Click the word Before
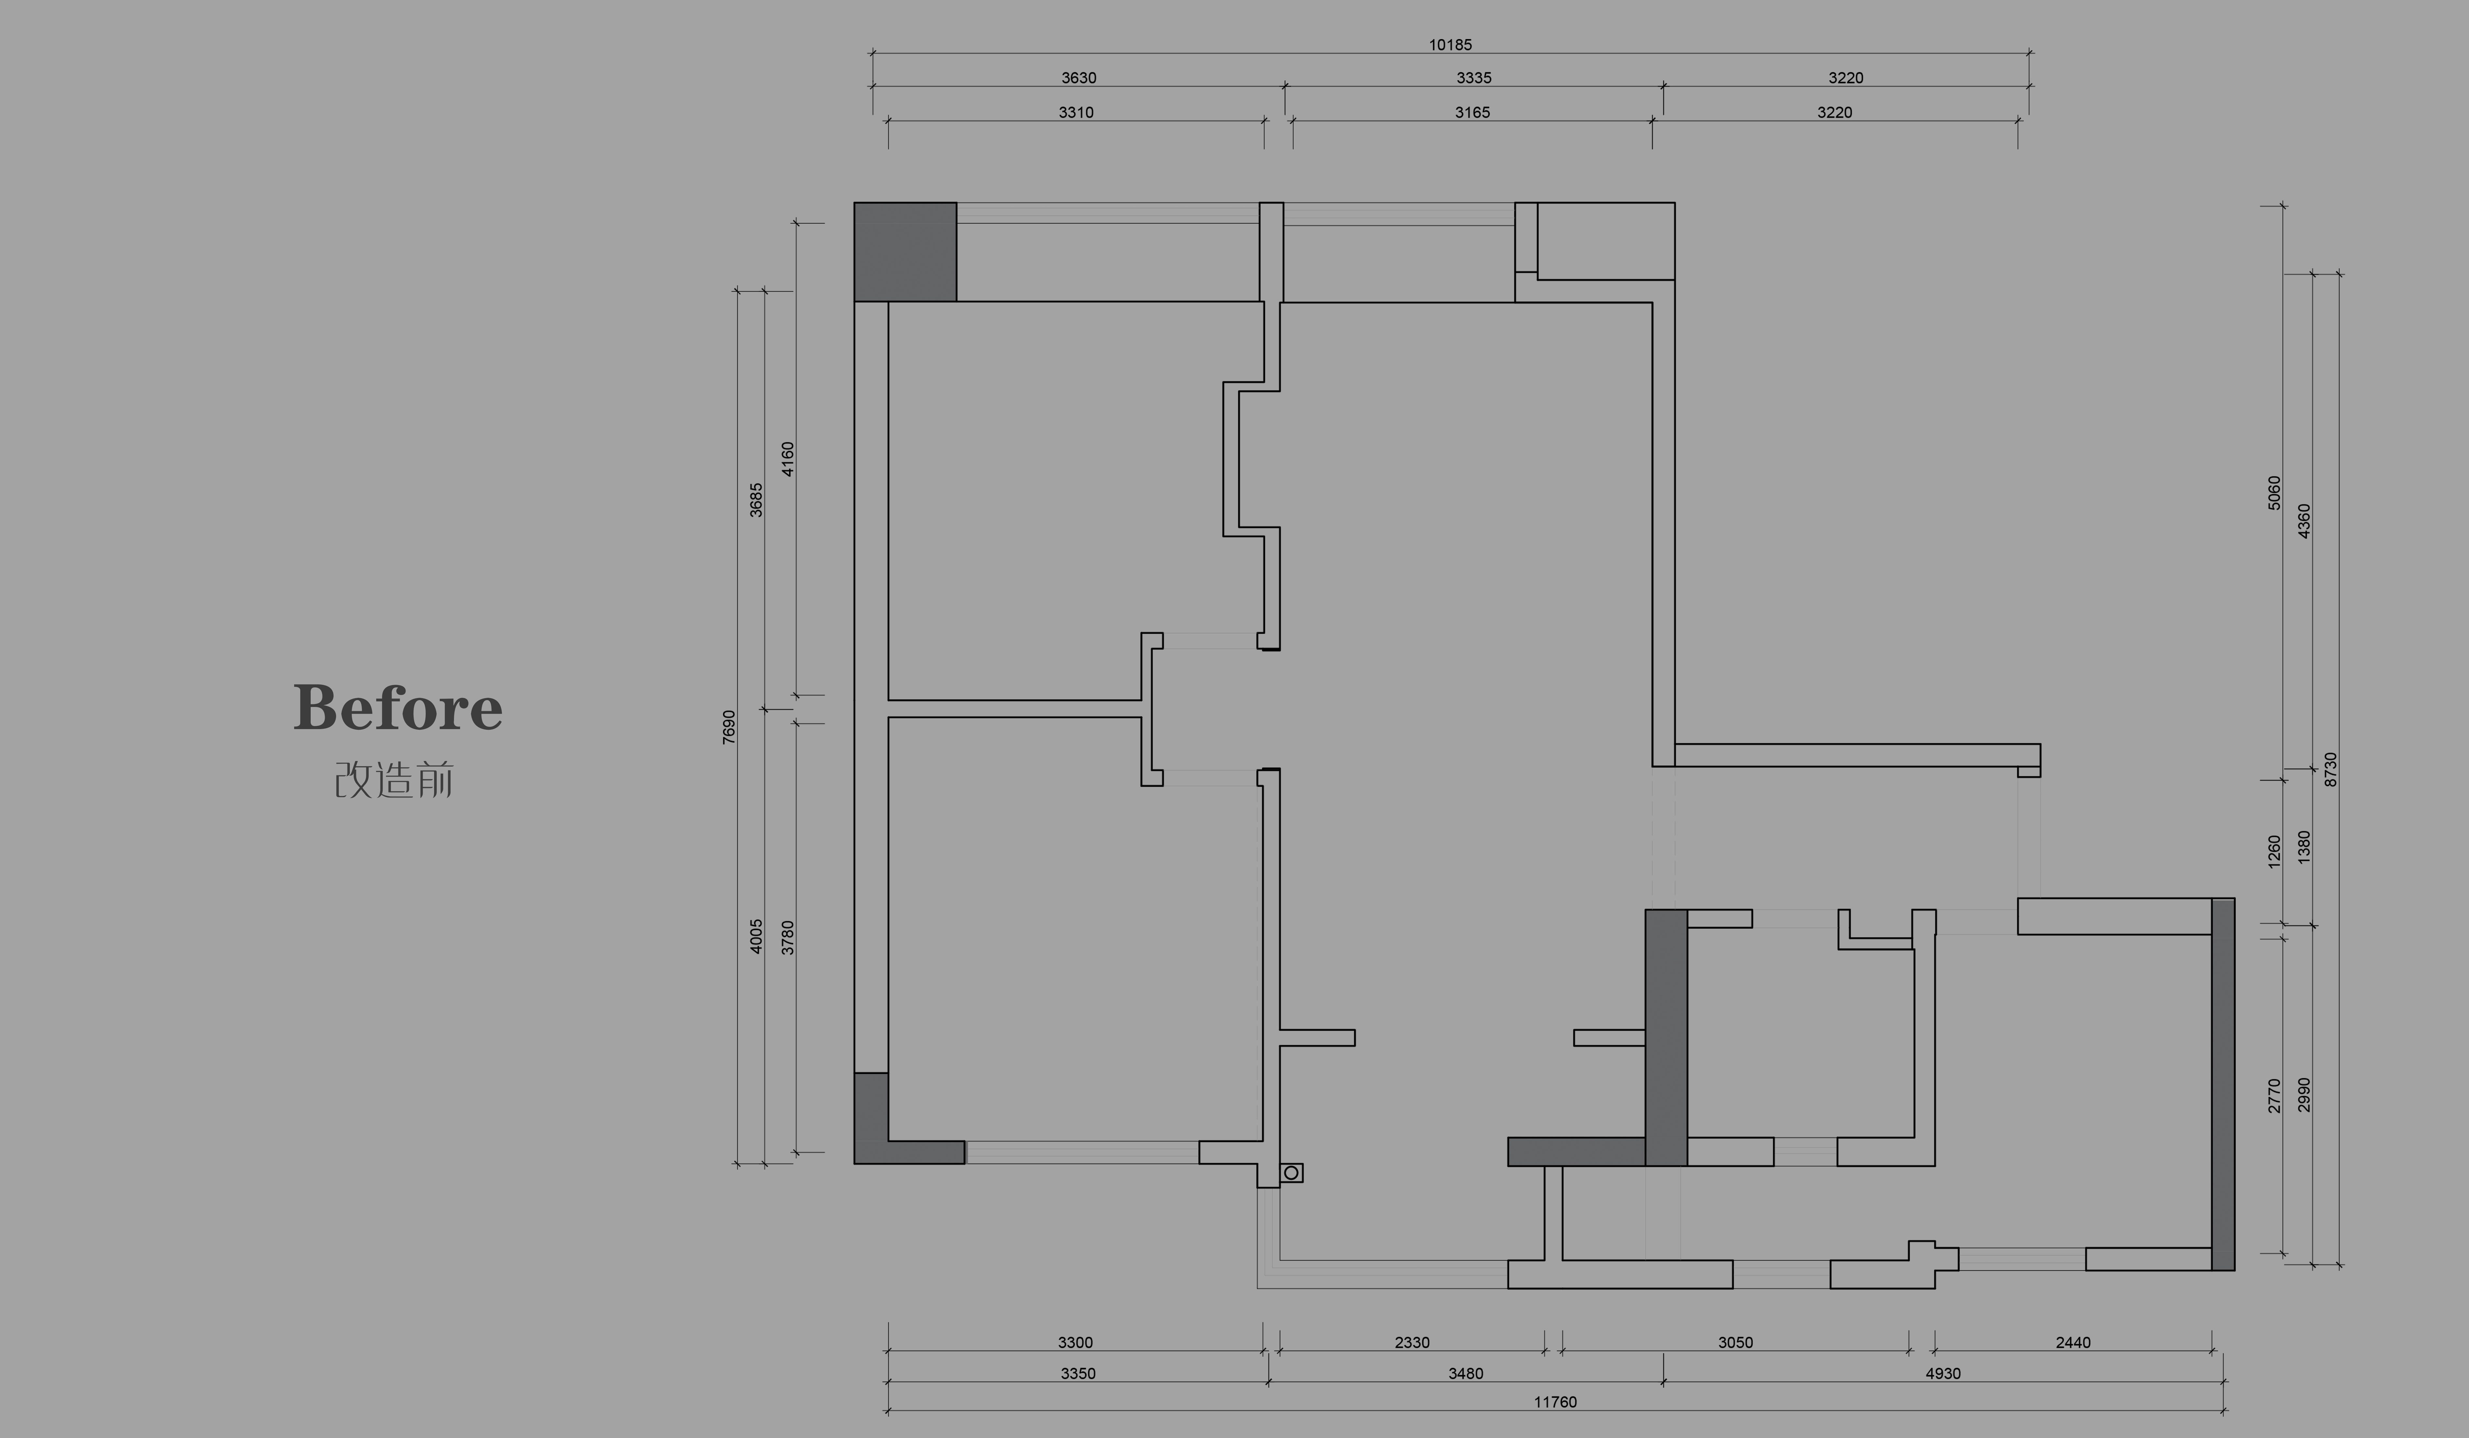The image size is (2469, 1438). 398,707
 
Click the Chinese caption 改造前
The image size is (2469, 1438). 394,781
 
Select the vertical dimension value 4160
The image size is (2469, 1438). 788,459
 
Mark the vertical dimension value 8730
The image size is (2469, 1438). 2331,769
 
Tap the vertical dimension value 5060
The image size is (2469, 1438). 2274,493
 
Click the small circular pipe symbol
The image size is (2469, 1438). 1291,1173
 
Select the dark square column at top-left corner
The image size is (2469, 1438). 905,252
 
